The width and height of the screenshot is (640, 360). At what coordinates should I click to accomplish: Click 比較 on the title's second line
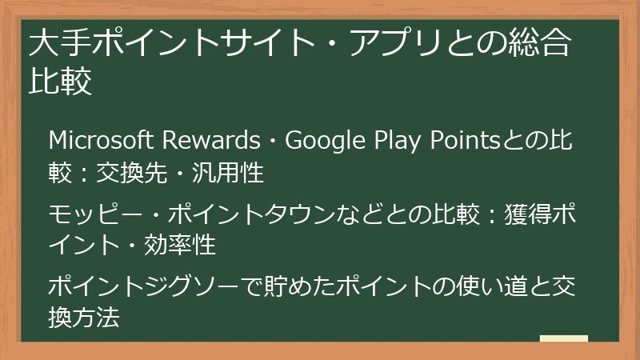60,82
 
